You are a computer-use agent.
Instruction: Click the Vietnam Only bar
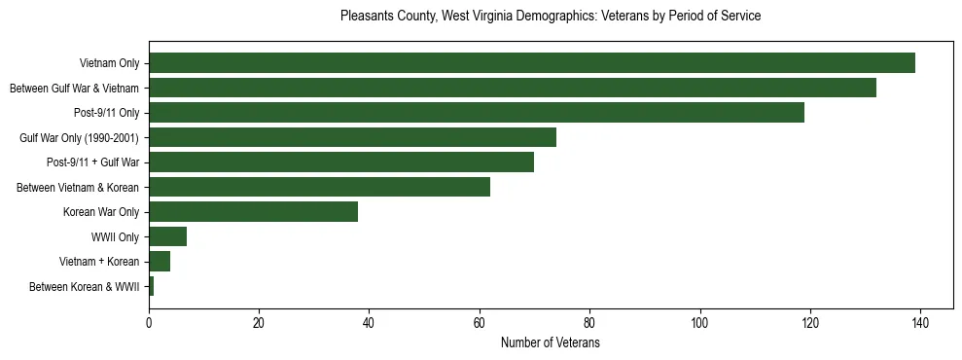[531, 63]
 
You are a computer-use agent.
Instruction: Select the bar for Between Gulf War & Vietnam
[512, 88]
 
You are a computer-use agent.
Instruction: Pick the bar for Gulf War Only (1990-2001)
[352, 137]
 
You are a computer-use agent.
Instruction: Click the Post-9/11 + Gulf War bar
[340, 162]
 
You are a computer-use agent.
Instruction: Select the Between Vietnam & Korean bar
[319, 187]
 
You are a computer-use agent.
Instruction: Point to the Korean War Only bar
[253, 212]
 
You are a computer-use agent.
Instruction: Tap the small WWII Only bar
[167, 236]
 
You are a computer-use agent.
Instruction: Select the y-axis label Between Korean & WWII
[84, 287]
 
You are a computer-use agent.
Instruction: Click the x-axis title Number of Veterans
[550, 343]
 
